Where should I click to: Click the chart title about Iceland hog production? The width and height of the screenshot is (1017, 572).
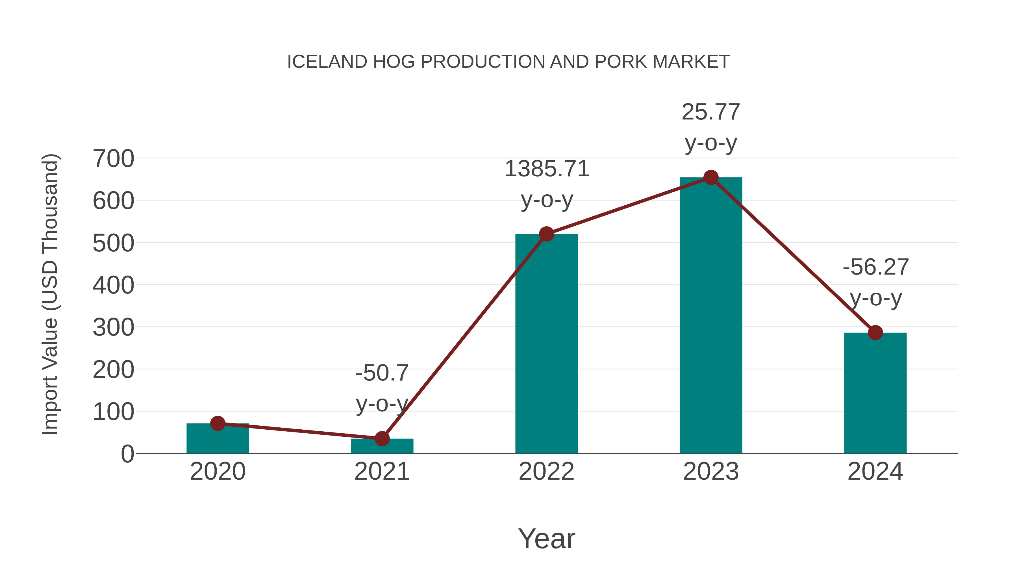508,62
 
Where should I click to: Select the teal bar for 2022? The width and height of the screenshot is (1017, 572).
546,343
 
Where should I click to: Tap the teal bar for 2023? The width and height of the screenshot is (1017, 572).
711,316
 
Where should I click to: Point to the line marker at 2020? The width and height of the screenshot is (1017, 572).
218,424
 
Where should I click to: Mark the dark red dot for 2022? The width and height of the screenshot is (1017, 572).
546,234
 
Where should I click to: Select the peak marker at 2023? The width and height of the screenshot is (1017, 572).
711,178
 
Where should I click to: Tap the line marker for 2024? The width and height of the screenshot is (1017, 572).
875,333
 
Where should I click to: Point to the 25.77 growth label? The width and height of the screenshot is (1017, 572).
711,112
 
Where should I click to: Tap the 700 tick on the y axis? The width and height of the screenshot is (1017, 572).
113,159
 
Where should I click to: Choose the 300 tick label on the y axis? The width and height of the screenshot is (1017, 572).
113,327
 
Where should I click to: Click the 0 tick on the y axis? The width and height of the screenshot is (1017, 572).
127,454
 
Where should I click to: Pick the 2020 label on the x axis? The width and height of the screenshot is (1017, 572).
218,471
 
